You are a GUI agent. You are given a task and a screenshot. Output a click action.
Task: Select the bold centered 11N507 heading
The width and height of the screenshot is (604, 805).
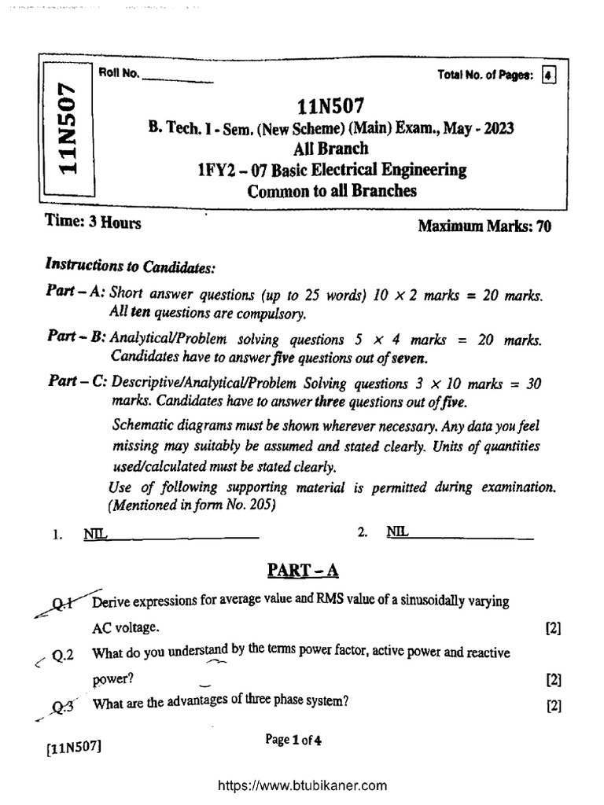[331, 106]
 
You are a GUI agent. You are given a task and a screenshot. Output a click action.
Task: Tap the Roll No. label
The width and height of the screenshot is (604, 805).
[118, 74]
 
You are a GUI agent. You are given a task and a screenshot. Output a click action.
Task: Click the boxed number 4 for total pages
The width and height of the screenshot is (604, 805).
[549, 75]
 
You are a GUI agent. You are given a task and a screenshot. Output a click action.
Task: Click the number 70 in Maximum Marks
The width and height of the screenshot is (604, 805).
[543, 227]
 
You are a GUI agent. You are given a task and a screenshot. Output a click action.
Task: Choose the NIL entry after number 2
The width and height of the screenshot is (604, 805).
[397, 532]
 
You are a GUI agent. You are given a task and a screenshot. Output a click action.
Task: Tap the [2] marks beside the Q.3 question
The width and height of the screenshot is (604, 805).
[553, 705]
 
